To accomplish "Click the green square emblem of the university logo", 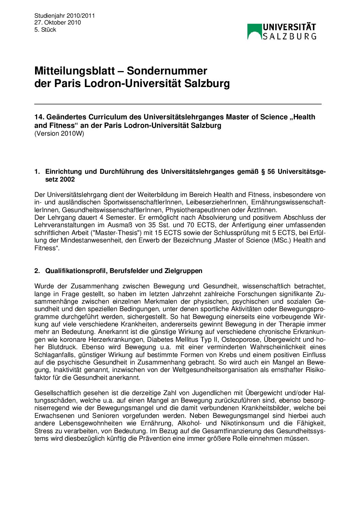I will pyautogui.click(x=254, y=31).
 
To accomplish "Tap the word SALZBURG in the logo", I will pyautogui.click(x=289, y=36).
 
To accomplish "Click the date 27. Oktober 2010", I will pyautogui.click(x=58, y=23).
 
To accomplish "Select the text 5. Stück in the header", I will pyautogui.click(x=45, y=30).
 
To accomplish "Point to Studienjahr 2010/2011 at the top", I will pyautogui.click(x=64, y=16).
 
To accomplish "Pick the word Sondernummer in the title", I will pyautogui.click(x=167, y=71).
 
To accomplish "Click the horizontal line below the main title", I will pyautogui.click(x=178, y=103).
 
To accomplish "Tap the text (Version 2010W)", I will pyautogui.click(x=59, y=134).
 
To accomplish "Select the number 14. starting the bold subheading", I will pyautogui.click(x=39, y=117).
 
